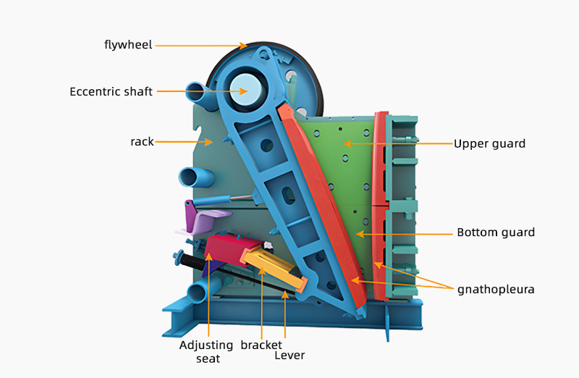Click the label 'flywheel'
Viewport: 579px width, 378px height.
tap(128, 45)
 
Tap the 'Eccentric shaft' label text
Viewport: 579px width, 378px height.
tap(111, 91)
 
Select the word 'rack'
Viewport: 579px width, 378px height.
tap(142, 141)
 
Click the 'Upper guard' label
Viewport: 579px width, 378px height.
tap(489, 143)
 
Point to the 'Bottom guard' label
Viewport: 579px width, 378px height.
tap(496, 232)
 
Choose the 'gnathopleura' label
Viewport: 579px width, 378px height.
tap(496, 290)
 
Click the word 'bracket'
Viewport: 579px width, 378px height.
tap(261, 345)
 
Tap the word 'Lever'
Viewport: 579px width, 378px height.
tap(289, 355)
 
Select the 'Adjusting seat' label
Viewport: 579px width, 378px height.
tap(206, 351)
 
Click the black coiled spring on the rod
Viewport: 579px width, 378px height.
tap(193, 261)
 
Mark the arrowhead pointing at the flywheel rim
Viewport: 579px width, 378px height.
tap(242, 46)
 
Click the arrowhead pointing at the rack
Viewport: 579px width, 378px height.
tap(208, 141)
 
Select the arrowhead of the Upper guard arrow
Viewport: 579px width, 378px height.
tap(347, 143)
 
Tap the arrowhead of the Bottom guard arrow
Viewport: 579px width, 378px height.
tap(360, 234)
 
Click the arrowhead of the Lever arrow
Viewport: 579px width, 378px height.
tap(284, 295)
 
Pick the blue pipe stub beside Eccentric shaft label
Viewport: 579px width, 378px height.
tap(199, 93)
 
